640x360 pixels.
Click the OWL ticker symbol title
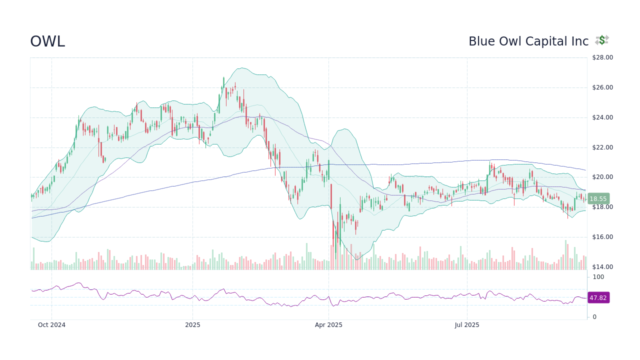point(47,41)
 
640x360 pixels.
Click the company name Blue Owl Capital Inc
point(528,41)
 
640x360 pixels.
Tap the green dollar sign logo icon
point(602,40)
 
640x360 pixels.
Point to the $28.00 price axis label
point(602,57)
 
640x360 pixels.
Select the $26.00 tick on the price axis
point(602,87)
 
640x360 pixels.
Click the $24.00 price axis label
point(602,117)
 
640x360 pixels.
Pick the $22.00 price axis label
point(602,147)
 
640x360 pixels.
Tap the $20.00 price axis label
point(602,177)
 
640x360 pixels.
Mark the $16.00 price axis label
point(602,237)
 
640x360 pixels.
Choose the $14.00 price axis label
point(602,267)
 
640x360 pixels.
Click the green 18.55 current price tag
point(598,198)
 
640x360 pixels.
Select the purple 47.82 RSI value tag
point(598,297)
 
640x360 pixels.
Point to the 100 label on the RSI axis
point(598,277)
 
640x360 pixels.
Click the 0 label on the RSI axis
point(594,317)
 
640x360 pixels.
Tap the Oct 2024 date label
point(51,325)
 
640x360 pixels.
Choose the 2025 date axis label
point(192,325)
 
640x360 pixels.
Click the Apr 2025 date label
point(328,325)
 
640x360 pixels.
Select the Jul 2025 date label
point(467,325)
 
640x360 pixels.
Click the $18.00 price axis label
point(602,207)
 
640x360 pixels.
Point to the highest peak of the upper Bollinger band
point(241,68)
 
